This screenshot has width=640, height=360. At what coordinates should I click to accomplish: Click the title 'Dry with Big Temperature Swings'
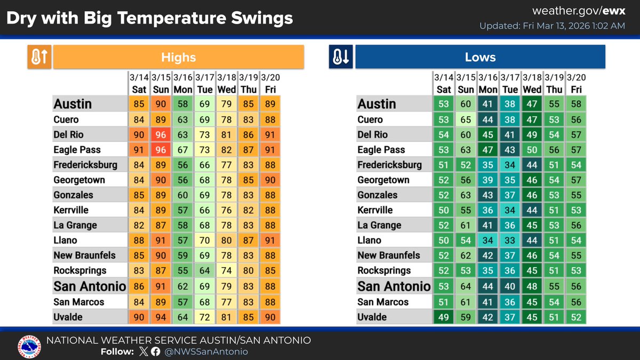(x=149, y=18)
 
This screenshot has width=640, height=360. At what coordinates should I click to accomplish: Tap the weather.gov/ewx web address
(x=579, y=11)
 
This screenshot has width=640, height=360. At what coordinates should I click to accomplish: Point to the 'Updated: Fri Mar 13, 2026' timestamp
(x=552, y=26)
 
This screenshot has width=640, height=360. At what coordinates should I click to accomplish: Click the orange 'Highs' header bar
(x=178, y=57)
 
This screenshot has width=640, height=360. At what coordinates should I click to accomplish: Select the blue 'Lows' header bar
(x=480, y=57)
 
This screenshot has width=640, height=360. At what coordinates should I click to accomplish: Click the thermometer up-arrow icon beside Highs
(x=39, y=57)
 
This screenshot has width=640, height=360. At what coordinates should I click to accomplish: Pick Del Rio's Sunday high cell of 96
(x=161, y=134)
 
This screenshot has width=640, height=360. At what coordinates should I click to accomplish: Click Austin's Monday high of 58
(x=183, y=104)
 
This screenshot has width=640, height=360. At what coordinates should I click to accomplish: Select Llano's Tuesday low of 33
(x=510, y=241)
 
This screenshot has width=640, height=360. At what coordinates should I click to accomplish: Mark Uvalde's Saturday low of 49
(x=444, y=317)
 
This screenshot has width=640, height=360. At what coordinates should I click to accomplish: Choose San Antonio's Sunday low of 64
(x=466, y=286)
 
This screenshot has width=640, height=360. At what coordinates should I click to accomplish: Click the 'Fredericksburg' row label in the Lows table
(x=389, y=165)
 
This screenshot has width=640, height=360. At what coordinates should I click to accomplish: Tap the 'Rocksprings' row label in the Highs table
(x=80, y=271)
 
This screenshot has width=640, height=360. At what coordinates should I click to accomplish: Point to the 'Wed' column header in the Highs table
(x=227, y=89)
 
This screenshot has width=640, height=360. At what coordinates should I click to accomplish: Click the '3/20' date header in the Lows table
(x=576, y=77)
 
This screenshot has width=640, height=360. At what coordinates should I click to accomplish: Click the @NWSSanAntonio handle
(x=206, y=351)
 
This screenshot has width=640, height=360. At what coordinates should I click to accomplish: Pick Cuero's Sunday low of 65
(x=466, y=119)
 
